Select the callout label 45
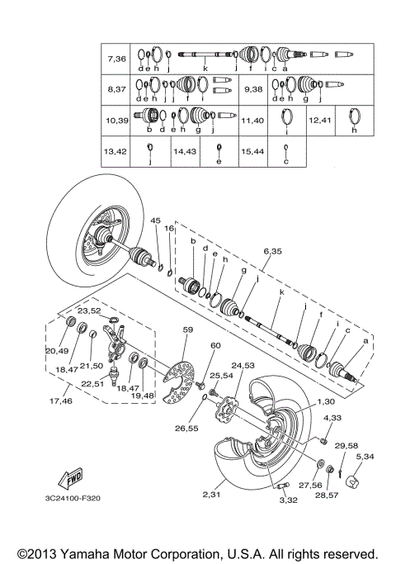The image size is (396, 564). pos(154,220)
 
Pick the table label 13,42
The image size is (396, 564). pos(115,152)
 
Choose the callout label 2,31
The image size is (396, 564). pos(214,494)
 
